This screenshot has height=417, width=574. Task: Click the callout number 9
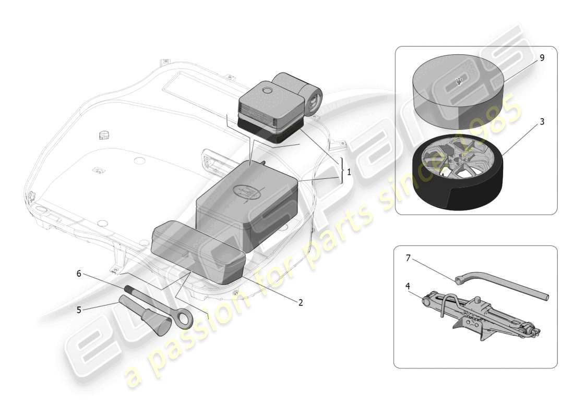point(542,58)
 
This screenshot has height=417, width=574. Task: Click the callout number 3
point(542,121)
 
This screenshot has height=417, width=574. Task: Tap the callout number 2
point(301,302)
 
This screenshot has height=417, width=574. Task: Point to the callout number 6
point(79,273)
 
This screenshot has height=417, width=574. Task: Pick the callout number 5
point(79,309)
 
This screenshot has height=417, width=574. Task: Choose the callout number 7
point(409,257)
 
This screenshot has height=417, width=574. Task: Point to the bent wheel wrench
point(501,286)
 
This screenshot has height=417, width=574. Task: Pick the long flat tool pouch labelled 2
point(198,250)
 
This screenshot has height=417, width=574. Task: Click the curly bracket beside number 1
point(342,170)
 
